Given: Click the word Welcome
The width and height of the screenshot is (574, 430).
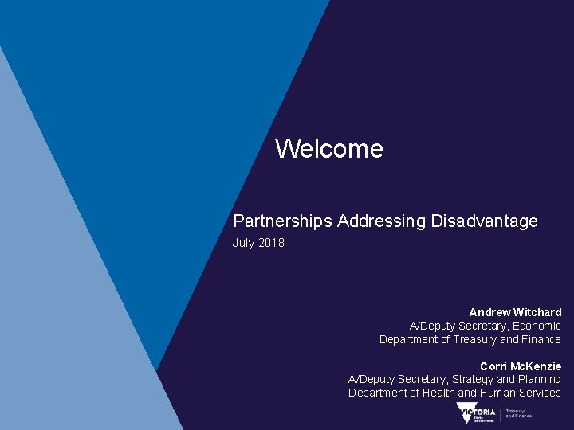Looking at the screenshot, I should click(328, 149).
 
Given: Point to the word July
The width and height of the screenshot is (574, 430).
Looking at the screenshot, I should click(243, 243).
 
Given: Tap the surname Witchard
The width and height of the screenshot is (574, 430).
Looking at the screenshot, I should click(537, 312).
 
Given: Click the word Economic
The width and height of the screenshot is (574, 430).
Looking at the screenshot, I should click(537, 326).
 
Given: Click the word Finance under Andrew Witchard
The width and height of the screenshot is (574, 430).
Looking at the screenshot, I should click(542, 339).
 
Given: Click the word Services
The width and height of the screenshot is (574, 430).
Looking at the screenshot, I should click(540, 393).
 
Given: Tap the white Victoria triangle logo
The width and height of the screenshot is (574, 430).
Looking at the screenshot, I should click(466, 412).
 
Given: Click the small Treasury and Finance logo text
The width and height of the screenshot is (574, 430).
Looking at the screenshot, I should click(519, 414).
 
